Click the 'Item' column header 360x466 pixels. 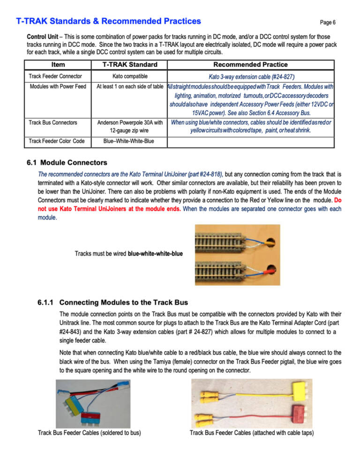(58, 65)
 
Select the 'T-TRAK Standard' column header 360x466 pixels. (130, 65)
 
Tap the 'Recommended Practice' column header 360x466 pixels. (250, 65)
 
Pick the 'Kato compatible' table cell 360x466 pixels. (130, 76)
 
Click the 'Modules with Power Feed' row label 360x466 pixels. (57, 87)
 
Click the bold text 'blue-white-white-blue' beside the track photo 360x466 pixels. (155, 254)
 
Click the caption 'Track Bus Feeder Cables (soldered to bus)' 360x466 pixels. (89, 432)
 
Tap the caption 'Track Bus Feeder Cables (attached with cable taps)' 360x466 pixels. (252, 432)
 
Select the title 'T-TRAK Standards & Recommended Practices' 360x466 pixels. (108, 21)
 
